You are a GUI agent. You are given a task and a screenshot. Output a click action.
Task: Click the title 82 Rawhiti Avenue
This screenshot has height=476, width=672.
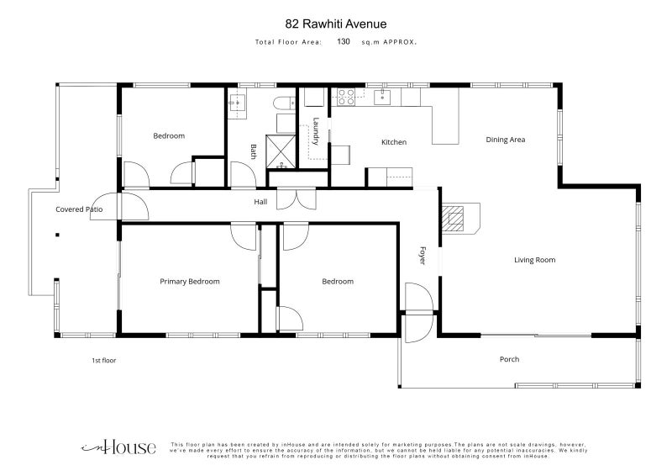click(x=335, y=24)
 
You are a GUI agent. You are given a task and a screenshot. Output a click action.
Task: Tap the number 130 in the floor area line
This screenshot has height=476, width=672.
click(x=344, y=41)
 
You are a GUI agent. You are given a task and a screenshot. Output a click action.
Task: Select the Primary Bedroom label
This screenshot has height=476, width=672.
click(x=190, y=282)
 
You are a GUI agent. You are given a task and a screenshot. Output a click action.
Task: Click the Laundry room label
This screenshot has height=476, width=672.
click(x=316, y=131)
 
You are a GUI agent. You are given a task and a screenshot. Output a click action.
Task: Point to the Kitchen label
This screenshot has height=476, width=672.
click(x=394, y=142)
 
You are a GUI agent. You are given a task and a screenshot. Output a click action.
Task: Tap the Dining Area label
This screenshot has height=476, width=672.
click(x=506, y=140)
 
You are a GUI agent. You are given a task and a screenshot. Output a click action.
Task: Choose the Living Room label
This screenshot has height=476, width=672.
click(x=534, y=260)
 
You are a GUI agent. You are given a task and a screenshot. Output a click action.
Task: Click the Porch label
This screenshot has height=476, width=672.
click(x=509, y=359)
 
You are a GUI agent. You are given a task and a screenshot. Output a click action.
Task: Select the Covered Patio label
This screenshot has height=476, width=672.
click(x=79, y=209)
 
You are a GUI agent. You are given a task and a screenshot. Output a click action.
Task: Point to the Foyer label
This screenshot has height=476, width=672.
click(x=423, y=256)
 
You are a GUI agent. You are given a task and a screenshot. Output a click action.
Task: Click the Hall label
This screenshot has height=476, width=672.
click(x=260, y=202)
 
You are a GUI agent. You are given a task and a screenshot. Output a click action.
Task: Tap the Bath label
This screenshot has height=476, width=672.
click(x=254, y=151)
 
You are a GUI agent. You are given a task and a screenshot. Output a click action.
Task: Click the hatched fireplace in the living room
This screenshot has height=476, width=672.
click(x=453, y=219)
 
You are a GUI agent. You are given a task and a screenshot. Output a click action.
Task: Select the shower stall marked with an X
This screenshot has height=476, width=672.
click(x=281, y=151)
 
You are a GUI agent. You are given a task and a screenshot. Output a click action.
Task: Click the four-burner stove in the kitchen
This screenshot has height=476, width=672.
click(x=346, y=97)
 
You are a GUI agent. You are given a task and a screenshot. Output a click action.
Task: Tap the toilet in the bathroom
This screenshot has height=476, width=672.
click(x=284, y=103)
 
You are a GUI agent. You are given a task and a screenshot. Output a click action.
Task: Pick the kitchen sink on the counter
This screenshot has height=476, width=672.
click(x=381, y=98)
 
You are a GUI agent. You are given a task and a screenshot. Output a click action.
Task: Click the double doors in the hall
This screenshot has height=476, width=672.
click(x=297, y=198)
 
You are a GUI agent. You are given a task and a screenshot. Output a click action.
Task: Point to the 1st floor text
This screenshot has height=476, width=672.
click(x=103, y=361)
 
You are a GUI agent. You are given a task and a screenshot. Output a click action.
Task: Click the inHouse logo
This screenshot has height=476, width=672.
click(x=118, y=447)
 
